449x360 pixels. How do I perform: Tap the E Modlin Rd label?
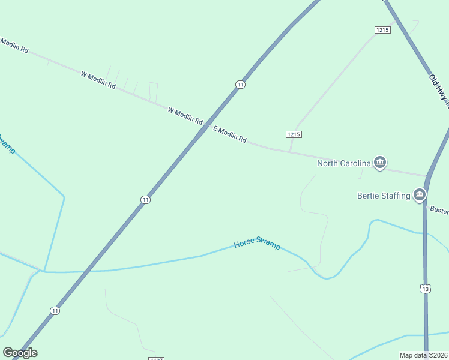230,135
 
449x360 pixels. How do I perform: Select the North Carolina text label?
344,163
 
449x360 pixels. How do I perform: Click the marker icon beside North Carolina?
379,163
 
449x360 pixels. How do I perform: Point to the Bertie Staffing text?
384,195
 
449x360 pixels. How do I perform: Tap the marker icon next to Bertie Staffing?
420,195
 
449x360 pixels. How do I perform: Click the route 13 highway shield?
425,289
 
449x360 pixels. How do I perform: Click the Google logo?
20,353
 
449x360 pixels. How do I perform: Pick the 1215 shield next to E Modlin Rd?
294,134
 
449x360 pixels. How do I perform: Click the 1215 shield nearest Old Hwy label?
382,29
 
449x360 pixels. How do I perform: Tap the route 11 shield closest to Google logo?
55,310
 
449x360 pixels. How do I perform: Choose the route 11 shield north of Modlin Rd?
240,85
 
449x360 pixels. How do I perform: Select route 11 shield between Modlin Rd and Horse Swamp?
145,199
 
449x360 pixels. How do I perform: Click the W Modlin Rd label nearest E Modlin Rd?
185,115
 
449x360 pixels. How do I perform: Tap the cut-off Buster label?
439,211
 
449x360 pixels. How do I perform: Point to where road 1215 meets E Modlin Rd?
291,151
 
